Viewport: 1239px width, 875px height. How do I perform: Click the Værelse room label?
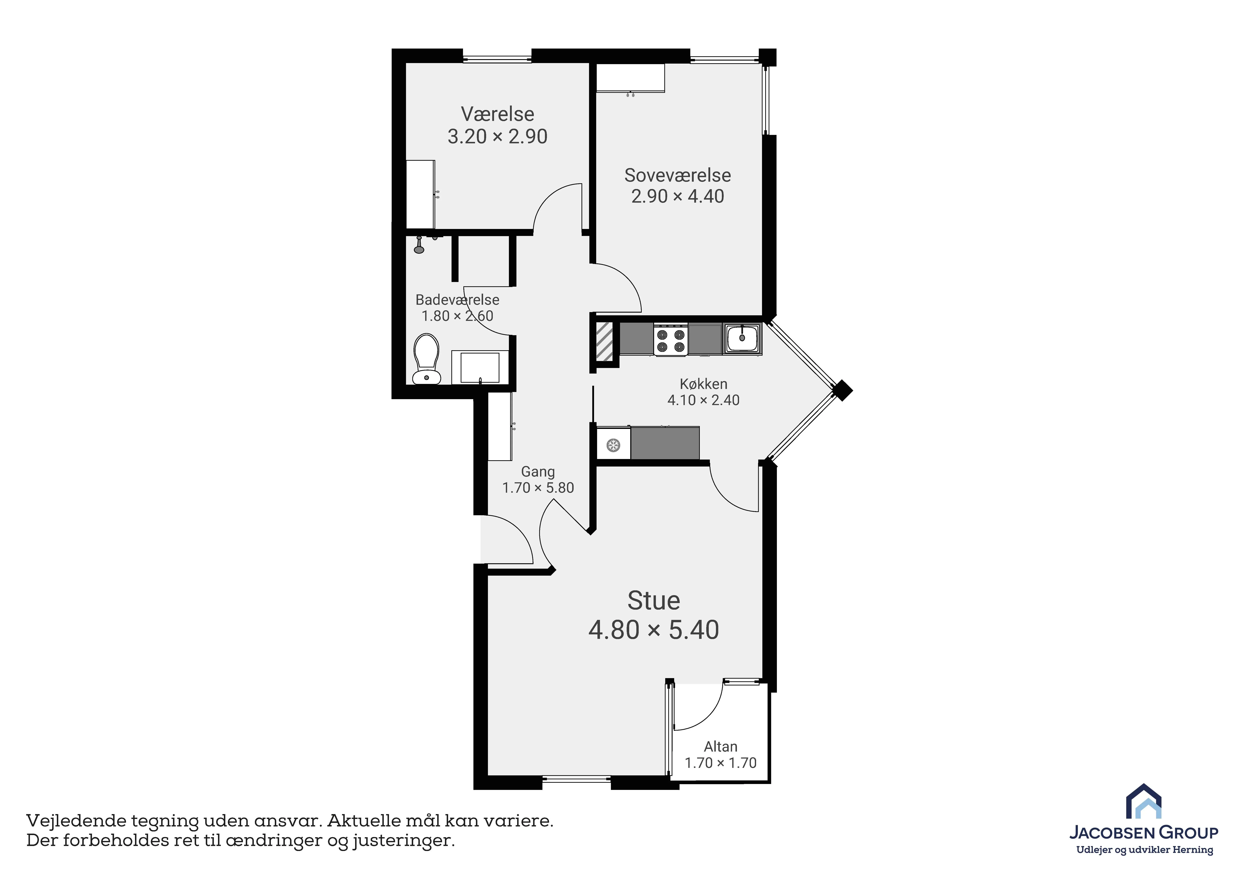pos(498,114)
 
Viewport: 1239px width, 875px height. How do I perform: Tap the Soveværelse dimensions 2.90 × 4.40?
pos(678,196)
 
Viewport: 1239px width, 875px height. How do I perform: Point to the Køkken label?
pos(704,384)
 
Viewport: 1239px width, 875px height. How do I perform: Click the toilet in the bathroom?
pos(426,359)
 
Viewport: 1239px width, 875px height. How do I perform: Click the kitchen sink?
pos(742,338)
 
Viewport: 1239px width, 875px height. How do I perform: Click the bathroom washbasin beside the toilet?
pos(480,367)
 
